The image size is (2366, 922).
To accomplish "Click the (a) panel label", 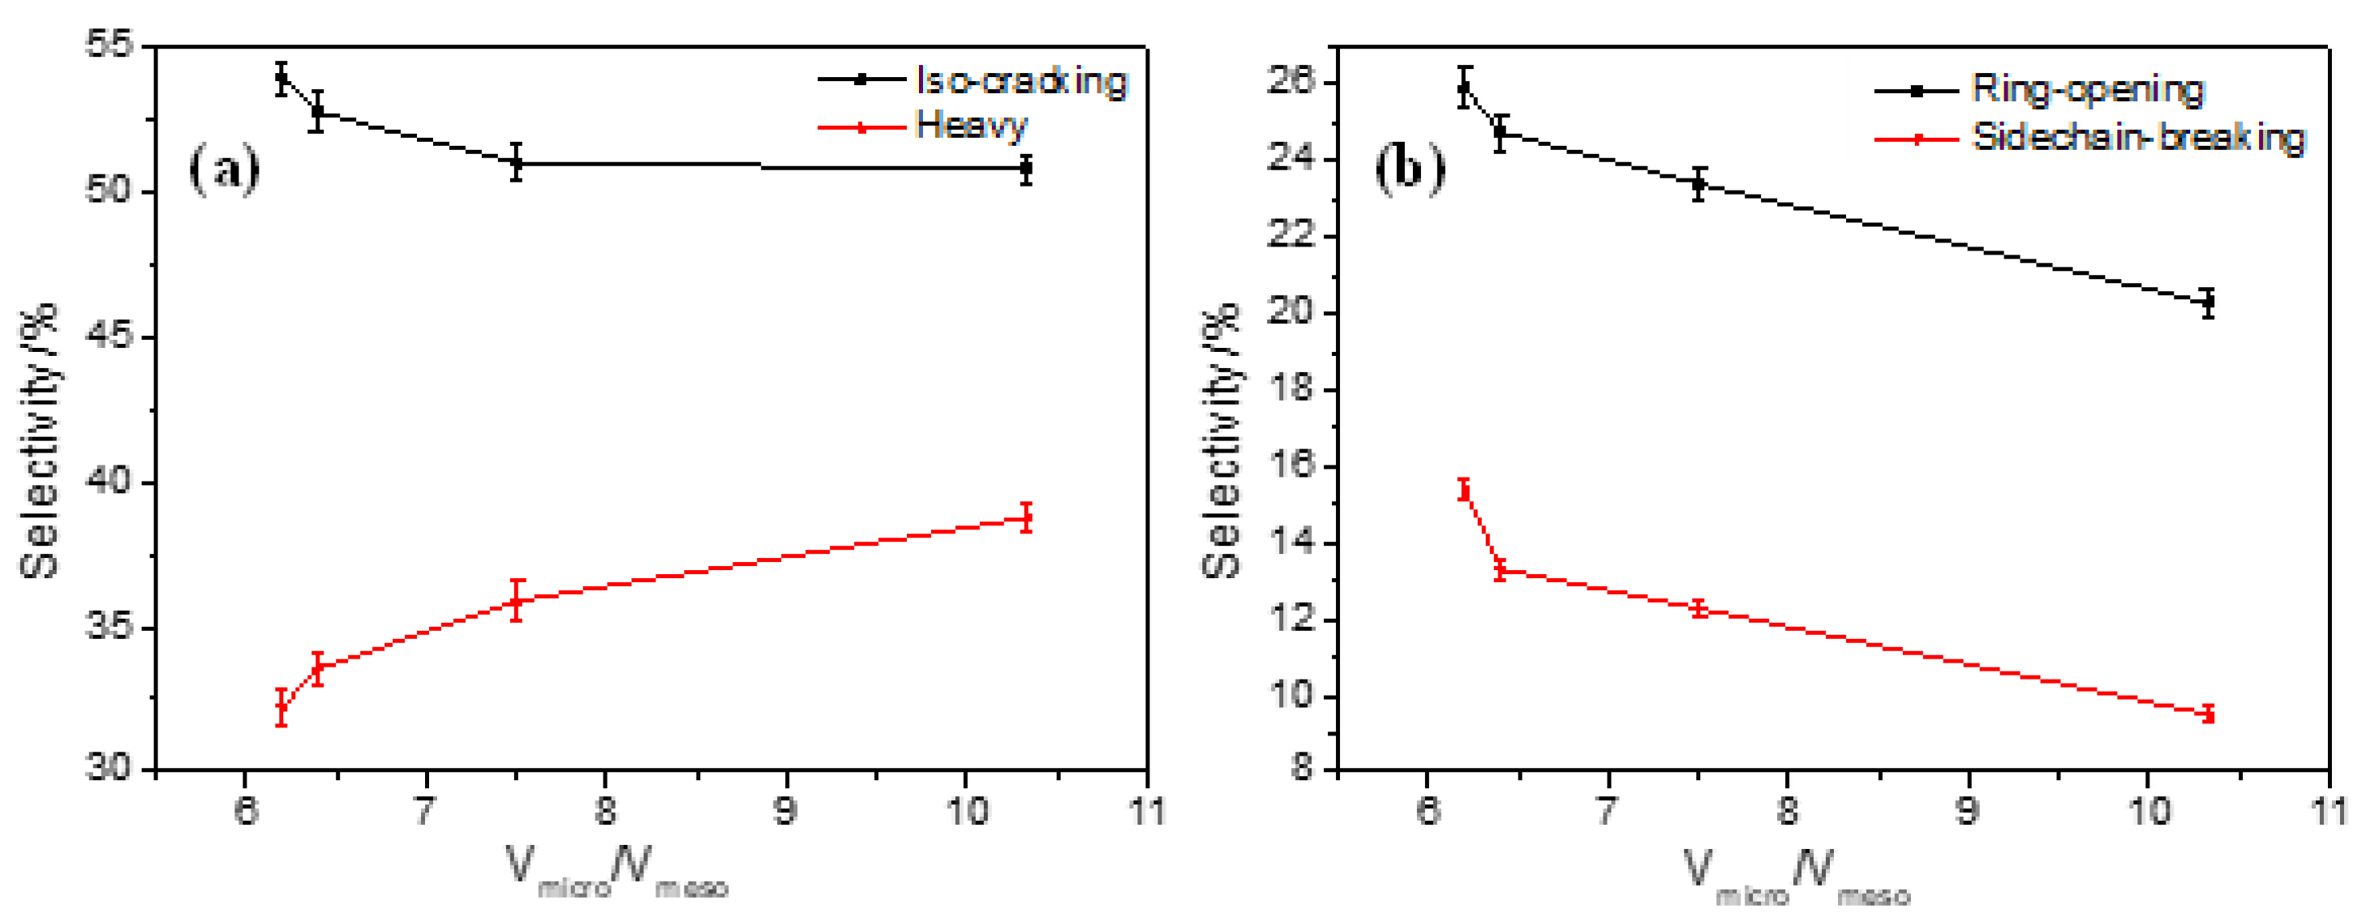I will click(224, 168).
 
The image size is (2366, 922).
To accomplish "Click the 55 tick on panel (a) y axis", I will click(109, 44).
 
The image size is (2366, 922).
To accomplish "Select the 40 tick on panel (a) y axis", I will click(109, 481).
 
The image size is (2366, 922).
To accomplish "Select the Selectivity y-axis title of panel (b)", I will click(1222, 441).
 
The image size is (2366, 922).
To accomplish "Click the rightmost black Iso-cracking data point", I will click(1026, 168).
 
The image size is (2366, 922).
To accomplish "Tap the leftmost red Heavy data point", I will click(282, 707).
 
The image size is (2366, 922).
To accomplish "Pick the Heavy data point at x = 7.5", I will click(517, 602).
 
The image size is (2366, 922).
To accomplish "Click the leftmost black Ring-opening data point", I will click(1465, 88).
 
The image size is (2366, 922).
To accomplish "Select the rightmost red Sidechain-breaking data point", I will click(2208, 714).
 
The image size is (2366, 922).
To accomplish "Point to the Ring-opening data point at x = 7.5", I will click(1699, 183).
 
